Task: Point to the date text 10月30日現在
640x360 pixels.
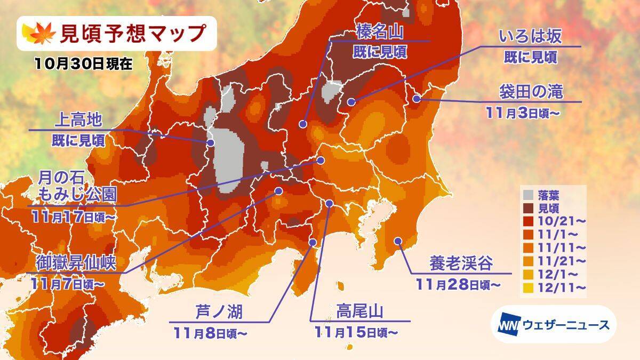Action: point(83,63)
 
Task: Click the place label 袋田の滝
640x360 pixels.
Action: point(531,92)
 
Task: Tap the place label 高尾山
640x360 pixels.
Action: point(361,311)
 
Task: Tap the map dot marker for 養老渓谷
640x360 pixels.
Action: point(397,241)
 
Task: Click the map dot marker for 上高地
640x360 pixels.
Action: point(211,143)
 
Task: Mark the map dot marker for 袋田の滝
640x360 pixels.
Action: point(417,98)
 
